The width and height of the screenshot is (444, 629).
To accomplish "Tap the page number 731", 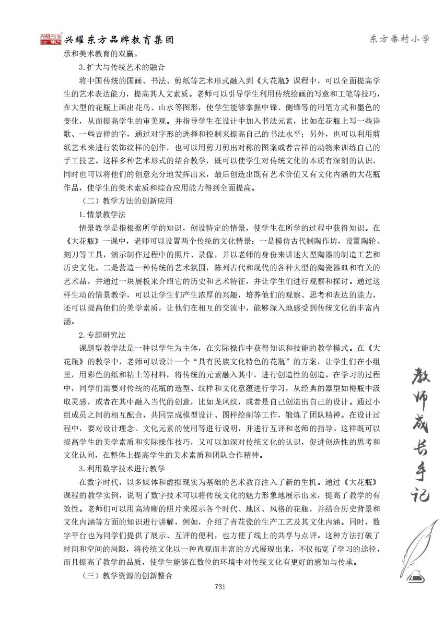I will pos(219,587).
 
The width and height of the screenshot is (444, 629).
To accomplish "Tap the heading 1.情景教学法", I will pos(102,214).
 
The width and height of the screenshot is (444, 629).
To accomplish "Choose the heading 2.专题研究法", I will pos(102,335).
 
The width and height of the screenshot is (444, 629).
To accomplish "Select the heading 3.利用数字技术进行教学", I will pos(122,468).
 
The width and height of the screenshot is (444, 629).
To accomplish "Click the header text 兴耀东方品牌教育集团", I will pos(119,40).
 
